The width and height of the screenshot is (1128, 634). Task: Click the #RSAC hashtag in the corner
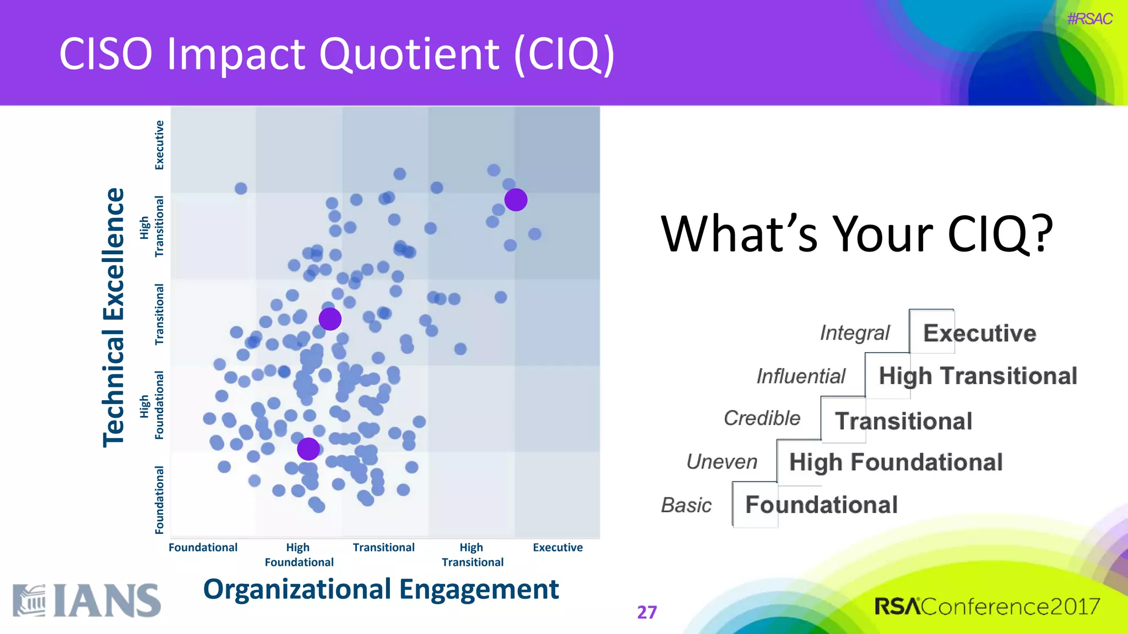tap(1089, 19)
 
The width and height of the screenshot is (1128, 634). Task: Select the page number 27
tap(647, 612)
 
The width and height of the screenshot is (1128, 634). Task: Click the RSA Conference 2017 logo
tap(987, 606)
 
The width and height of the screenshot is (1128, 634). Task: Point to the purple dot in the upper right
tap(516, 200)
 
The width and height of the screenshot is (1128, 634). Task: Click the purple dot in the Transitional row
tap(330, 319)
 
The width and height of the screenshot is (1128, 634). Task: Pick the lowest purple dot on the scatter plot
tap(308, 449)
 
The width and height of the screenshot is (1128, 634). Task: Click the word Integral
tap(854, 333)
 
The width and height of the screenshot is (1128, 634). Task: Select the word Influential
tap(800, 376)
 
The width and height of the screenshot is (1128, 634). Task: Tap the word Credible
tap(762, 418)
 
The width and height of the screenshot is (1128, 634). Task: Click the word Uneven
tap(722, 462)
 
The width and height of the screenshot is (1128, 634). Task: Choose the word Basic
tap(686, 505)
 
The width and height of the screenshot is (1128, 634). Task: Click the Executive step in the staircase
tap(979, 334)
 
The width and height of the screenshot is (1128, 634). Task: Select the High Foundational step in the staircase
tap(895, 462)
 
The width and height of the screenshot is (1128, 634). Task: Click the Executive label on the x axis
tap(557, 548)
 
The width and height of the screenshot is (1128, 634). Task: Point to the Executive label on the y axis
tap(159, 145)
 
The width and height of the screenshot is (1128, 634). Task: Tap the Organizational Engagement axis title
tap(381, 589)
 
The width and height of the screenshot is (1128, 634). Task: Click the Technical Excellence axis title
tap(114, 318)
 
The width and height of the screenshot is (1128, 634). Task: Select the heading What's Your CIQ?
tap(856, 234)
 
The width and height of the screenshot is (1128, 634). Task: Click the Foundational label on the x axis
tap(203, 548)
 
